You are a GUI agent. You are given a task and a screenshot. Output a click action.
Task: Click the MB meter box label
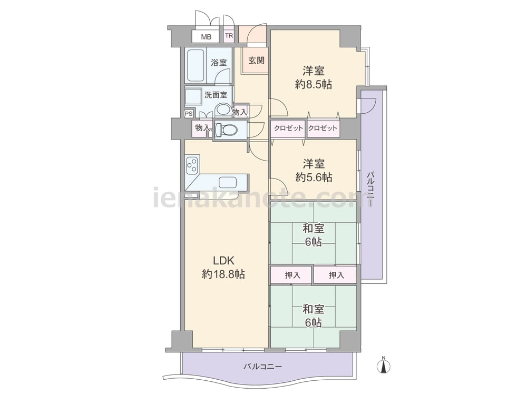pyautogui.click(x=206, y=37)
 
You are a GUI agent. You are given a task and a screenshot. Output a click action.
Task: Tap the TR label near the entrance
pyautogui.click(x=229, y=36)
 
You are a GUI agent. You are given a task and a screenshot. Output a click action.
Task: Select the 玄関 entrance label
pyautogui.click(x=257, y=61)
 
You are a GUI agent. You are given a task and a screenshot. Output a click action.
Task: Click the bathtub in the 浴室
pyautogui.click(x=196, y=65)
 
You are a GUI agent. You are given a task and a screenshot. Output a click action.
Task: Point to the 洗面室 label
pyautogui.click(x=216, y=95)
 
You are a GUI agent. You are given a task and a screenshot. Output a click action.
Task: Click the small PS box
pyautogui.click(x=189, y=114)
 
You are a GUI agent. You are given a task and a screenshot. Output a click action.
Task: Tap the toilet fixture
pyautogui.click(x=226, y=130)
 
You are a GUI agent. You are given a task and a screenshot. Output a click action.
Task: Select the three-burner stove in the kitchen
pyautogui.click(x=192, y=164)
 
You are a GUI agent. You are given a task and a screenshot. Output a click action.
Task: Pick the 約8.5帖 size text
pyautogui.click(x=314, y=84)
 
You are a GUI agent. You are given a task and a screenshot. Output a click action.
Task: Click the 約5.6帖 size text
pyautogui.click(x=314, y=177)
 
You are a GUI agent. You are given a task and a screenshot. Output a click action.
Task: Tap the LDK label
pyautogui.click(x=223, y=261)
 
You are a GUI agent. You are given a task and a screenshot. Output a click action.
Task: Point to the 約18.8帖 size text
pyautogui.click(x=223, y=274)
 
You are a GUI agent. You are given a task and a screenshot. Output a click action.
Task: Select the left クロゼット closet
pyautogui.click(x=288, y=128)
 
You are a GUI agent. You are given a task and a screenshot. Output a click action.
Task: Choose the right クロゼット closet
pyautogui.click(x=323, y=128)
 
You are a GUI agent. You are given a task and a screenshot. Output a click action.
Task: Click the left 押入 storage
pyautogui.click(x=292, y=275)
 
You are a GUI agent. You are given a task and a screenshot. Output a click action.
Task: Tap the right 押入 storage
pyautogui.click(x=335, y=275)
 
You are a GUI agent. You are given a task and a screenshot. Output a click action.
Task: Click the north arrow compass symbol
pyautogui.click(x=384, y=365)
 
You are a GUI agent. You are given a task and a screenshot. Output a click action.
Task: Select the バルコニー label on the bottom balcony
pyautogui.click(x=262, y=367)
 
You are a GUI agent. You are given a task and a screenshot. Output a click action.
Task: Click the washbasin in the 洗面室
pyautogui.click(x=222, y=110)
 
